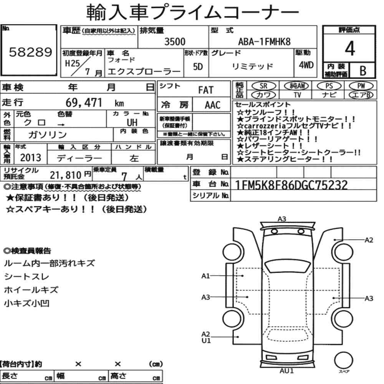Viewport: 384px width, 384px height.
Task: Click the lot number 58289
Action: coord(31,52)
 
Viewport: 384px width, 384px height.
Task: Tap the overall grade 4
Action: coord(350,48)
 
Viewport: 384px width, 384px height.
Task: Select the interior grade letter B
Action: coord(363,71)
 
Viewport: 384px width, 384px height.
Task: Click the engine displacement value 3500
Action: coord(175,41)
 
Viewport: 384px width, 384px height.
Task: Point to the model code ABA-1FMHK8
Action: coord(264,41)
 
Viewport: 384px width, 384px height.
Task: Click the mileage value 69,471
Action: coord(84,103)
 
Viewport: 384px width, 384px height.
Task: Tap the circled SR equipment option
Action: coord(263,86)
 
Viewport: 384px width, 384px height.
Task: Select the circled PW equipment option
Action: coord(361,86)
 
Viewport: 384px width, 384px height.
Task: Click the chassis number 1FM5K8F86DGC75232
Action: coord(291,185)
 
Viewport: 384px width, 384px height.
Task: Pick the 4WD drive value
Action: coord(306,65)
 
